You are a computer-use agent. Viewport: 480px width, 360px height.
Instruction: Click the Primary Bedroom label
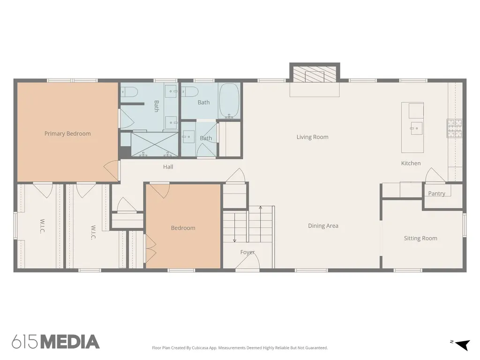click(x=67, y=134)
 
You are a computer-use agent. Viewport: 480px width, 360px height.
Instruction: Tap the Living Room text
click(x=312, y=137)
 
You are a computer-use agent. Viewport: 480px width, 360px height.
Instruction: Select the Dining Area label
click(x=323, y=225)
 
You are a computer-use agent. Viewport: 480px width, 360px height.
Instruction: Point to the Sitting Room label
click(x=420, y=238)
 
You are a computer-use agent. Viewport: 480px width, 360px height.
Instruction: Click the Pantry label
click(x=436, y=193)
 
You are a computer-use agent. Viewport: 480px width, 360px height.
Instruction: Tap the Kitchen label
click(x=411, y=163)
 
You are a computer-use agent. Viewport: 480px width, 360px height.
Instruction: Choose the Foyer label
click(x=247, y=252)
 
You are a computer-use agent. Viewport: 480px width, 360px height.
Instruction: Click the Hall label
click(x=168, y=166)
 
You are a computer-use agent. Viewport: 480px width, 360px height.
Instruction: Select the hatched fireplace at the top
click(x=315, y=74)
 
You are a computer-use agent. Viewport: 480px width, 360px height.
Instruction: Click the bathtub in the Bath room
click(x=230, y=101)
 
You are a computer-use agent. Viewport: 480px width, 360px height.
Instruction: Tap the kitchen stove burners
click(x=455, y=128)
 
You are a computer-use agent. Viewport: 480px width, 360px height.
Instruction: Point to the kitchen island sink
click(x=416, y=128)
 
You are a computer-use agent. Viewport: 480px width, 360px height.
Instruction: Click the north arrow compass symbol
click(x=463, y=345)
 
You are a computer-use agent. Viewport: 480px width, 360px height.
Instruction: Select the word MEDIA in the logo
click(x=70, y=342)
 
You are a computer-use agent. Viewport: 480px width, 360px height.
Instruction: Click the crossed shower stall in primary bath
click(x=155, y=144)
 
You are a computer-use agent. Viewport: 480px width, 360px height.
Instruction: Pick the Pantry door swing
click(x=435, y=175)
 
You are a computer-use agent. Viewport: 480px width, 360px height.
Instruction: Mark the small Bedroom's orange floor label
click(x=183, y=228)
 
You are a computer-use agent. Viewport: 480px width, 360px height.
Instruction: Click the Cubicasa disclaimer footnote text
click(x=240, y=348)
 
